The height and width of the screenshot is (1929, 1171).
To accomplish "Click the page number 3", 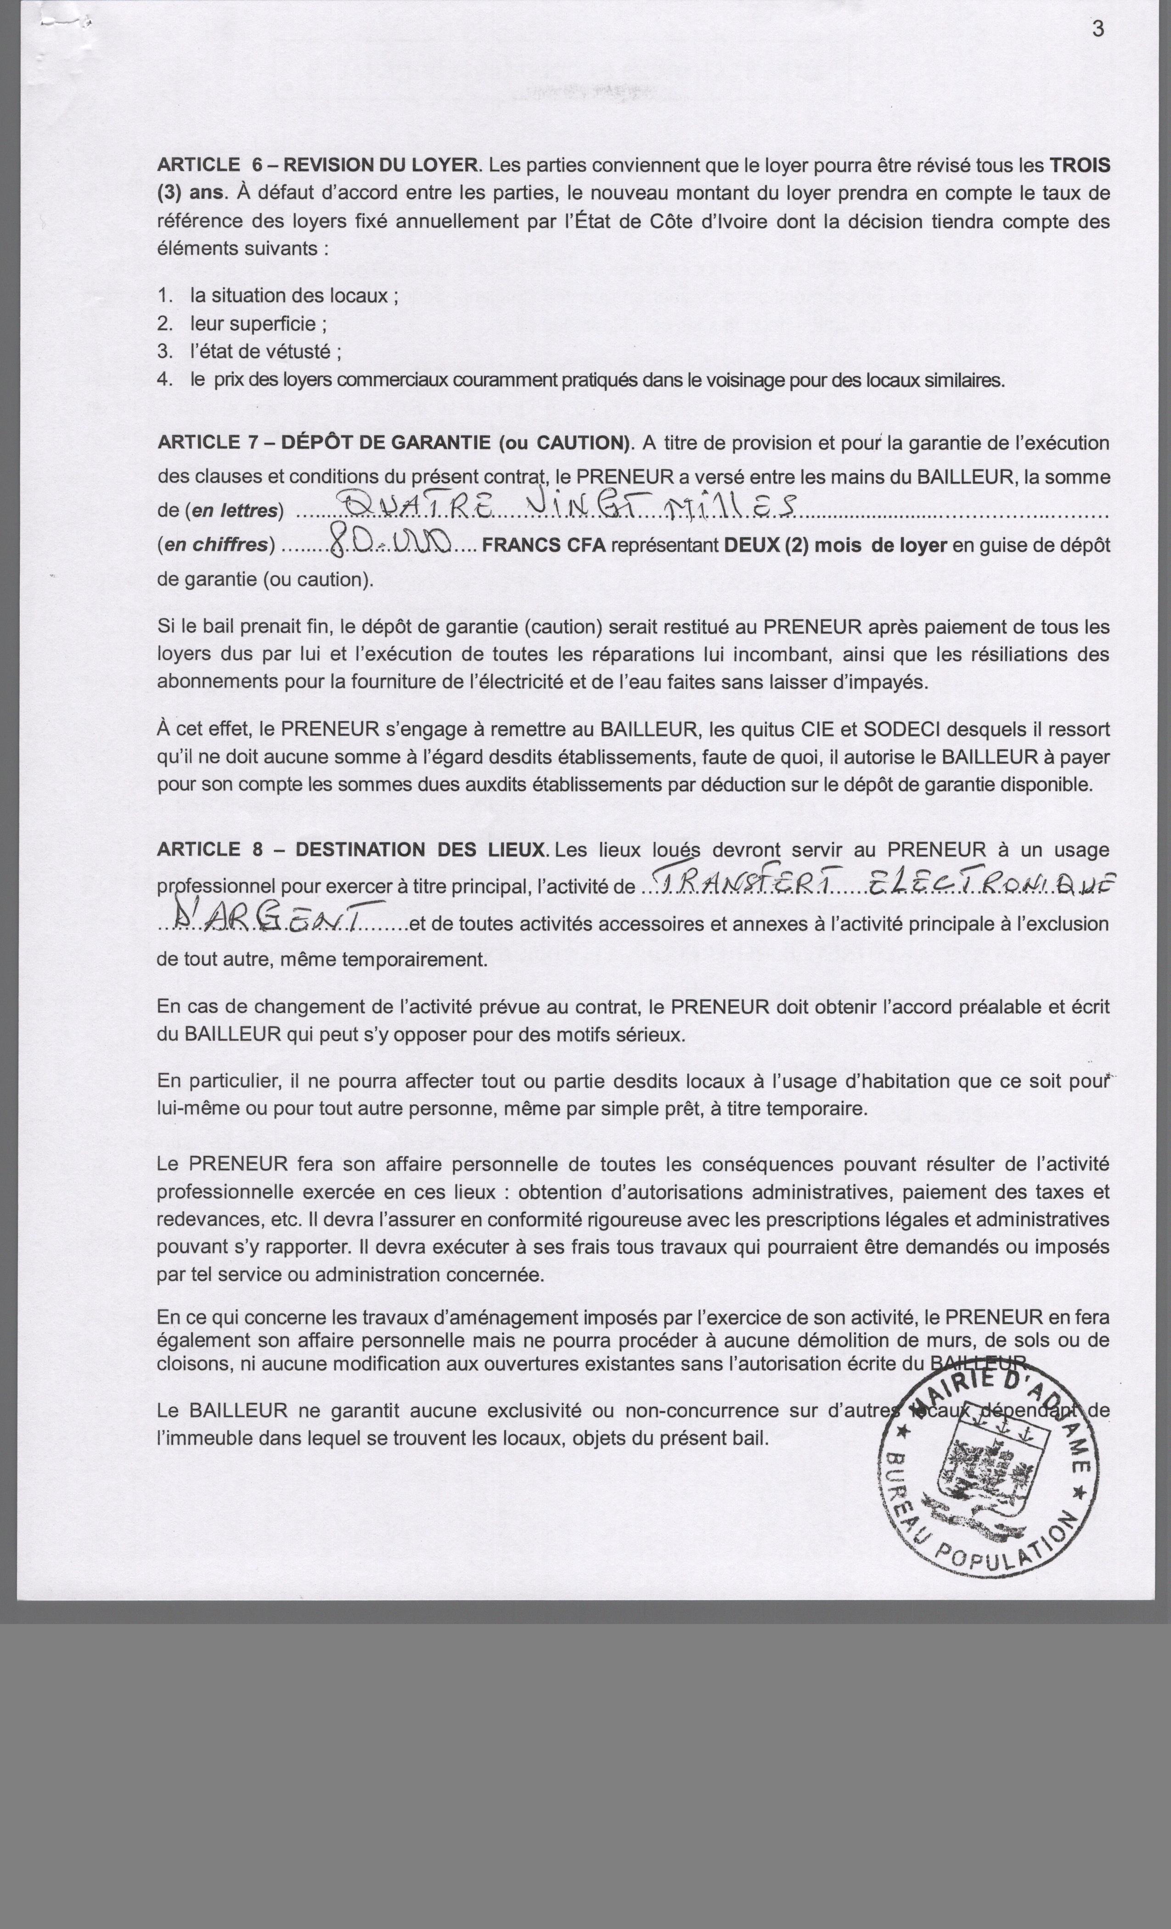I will tap(1098, 29).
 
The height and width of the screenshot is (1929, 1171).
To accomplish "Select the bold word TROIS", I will tap(1080, 165).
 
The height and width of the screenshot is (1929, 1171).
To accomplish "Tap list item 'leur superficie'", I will tap(258, 324).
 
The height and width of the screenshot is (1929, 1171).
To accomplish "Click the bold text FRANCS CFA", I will tap(543, 546).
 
